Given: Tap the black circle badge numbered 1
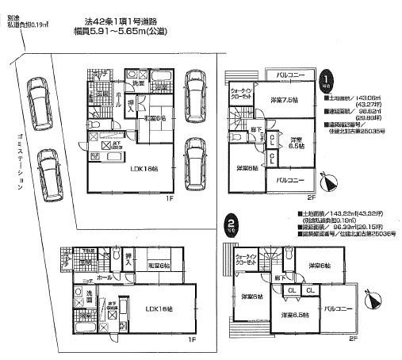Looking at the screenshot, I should pos(326,79).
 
